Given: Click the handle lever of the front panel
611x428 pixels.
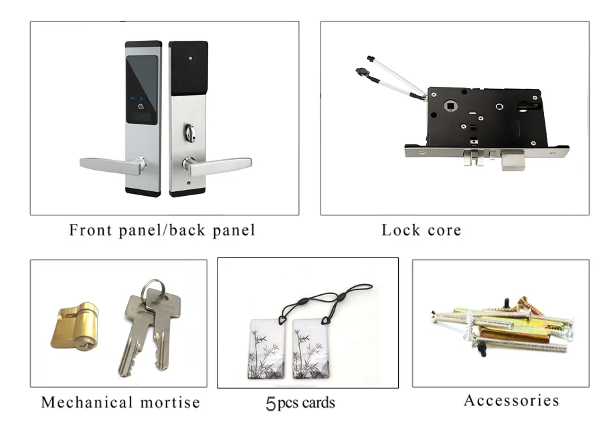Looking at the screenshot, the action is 107,165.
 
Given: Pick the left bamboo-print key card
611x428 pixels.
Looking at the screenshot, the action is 268,351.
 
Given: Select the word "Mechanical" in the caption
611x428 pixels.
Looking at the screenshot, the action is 87,403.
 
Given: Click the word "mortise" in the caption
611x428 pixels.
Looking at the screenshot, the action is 170,403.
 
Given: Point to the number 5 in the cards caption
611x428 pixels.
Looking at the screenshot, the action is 270,404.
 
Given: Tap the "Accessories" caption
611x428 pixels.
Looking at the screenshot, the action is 511,401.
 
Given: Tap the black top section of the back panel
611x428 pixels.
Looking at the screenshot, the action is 188,68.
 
